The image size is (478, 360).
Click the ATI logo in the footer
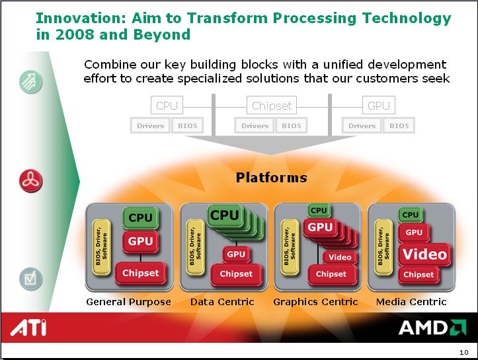[28, 328]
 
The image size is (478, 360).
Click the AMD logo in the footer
[432, 328]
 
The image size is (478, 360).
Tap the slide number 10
[463, 352]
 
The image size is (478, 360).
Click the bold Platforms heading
[271, 178]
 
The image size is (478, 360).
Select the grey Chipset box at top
[272, 106]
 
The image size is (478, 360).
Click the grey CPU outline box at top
[167, 106]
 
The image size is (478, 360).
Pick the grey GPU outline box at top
[379, 106]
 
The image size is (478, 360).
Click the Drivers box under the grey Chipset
[255, 126]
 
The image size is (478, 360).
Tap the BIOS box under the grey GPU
[399, 126]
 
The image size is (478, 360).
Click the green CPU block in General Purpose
[141, 218]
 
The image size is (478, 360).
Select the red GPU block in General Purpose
[141, 242]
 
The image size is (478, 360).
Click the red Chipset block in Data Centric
[236, 274]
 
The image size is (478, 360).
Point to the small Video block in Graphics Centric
[340, 258]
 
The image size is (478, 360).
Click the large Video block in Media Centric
[424, 254]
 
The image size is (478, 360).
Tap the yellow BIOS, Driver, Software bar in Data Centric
[196, 247]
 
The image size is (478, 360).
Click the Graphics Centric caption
[315, 302]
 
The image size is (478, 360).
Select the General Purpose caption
[128, 302]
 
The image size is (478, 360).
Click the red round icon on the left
[31, 181]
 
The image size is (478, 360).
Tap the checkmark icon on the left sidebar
[31, 279]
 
